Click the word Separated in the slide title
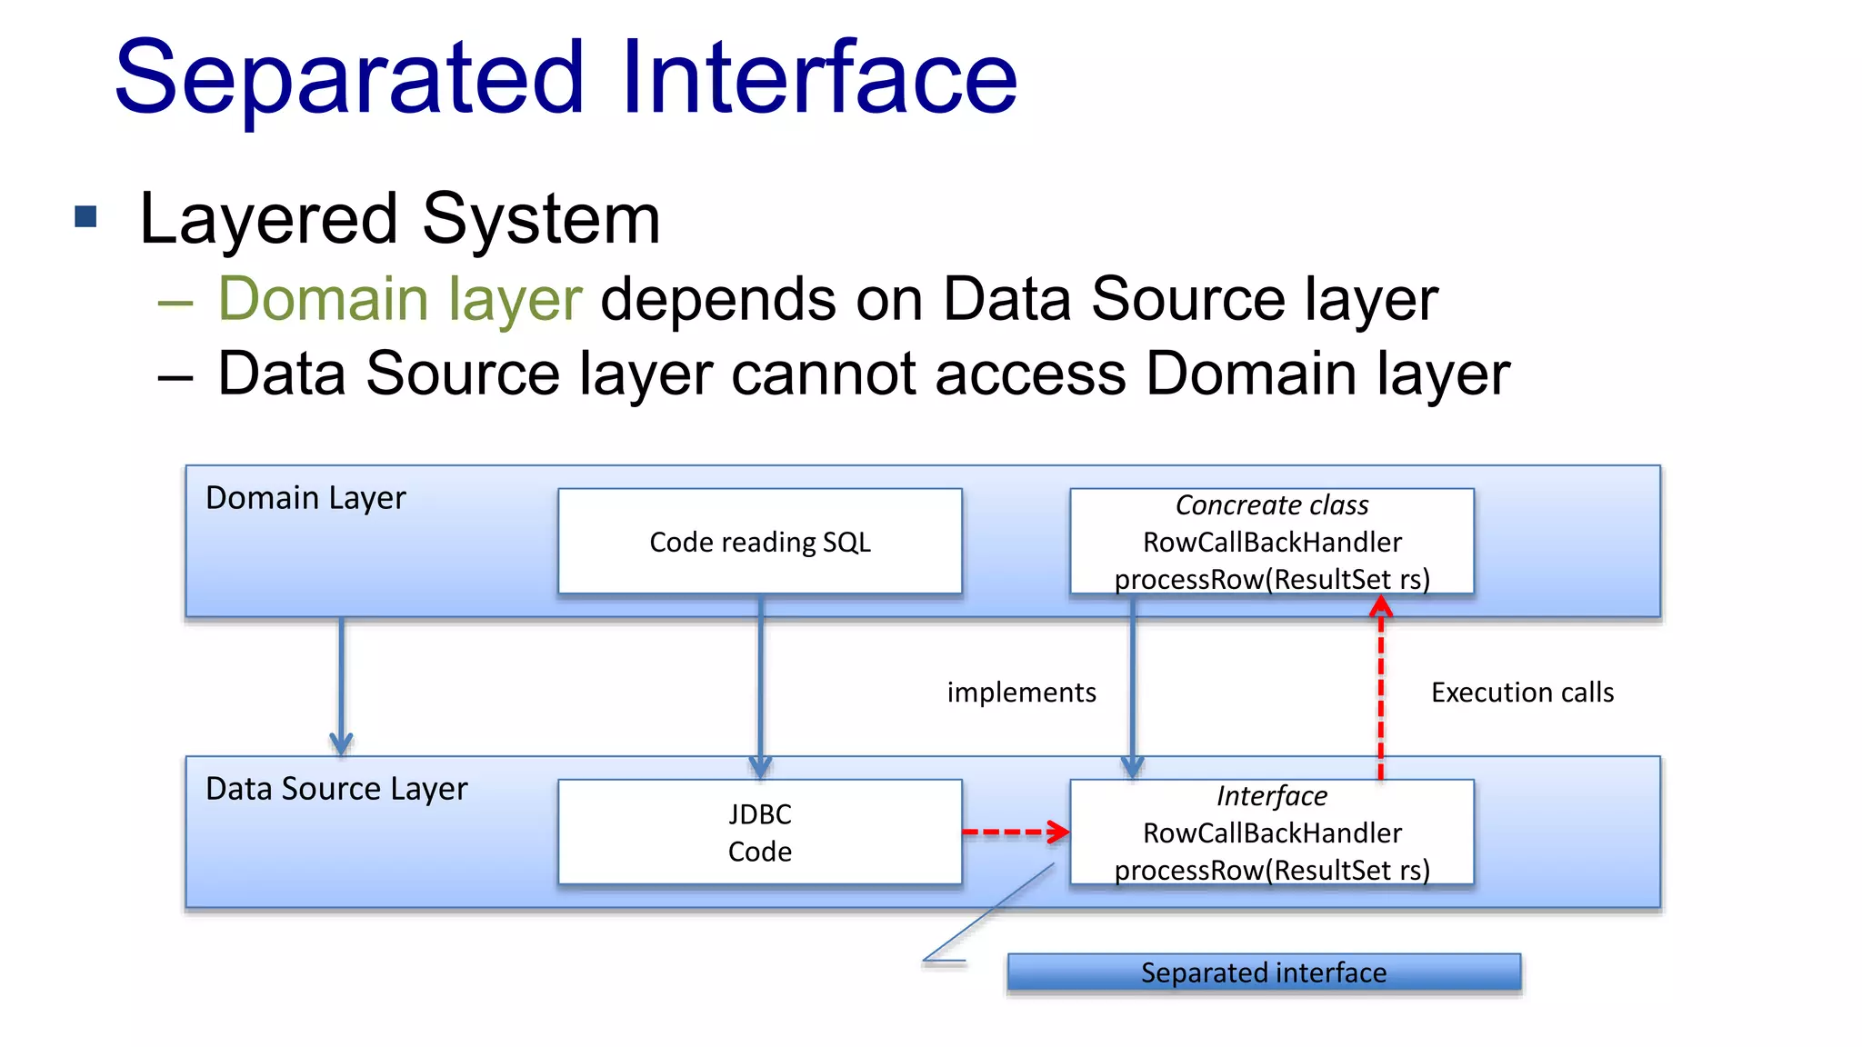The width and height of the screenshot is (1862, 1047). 349,80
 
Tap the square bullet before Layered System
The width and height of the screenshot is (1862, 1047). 85,216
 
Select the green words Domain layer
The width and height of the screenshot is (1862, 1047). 399,299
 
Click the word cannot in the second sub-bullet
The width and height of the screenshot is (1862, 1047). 823,374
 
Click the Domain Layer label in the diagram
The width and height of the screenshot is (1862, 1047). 305,498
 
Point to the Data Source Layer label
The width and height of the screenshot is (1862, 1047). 336,789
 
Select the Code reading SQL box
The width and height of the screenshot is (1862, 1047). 760,543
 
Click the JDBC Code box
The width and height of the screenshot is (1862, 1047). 760,833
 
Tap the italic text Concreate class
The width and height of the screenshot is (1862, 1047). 1271,505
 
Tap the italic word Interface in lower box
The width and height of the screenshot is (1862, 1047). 1271,796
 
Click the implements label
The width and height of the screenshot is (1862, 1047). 1021,693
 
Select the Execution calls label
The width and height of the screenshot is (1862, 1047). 1522,693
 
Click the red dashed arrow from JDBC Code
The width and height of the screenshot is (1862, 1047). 1015,832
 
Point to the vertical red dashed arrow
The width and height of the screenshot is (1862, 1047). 1380,691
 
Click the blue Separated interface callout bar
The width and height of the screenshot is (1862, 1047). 1264,972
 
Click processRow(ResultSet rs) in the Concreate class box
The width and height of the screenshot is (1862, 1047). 1271,579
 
